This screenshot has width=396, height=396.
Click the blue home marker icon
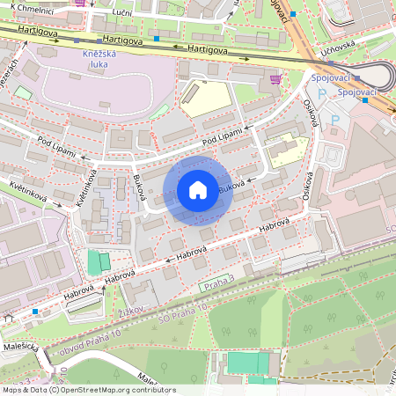[198, 190]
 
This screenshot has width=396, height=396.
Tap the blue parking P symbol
[334, 120]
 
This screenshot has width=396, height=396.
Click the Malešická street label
[18, 347]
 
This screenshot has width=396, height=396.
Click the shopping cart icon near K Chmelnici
[81, 3]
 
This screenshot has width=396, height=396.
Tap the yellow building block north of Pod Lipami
[202, 98]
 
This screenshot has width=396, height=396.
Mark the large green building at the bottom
[250, 363]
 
